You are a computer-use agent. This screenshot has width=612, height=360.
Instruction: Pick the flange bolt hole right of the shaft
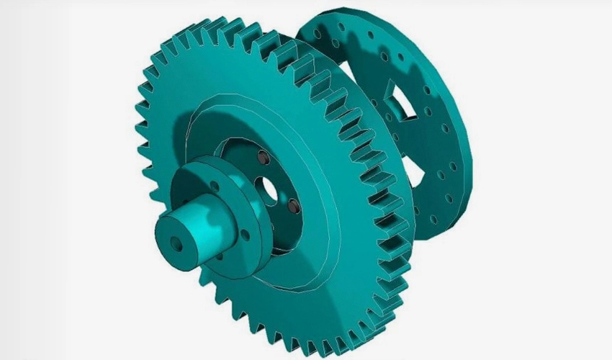(x=247, y=233)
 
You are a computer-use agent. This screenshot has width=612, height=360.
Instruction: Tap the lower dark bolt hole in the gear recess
(x=292, y=209)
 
